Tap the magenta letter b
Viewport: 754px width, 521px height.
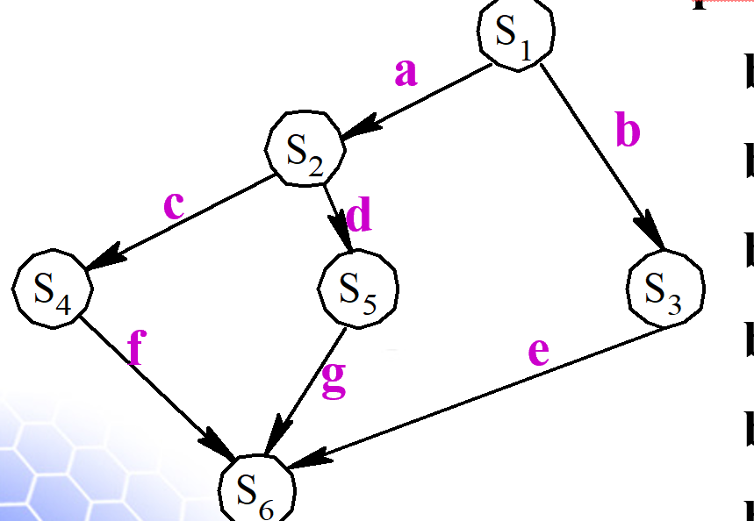pyautogui.click(x=628, y=131)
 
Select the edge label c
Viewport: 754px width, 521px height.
pyautogui.click(x=175, y=205)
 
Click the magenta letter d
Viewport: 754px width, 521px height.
pyautogui.click(x=359, y=215)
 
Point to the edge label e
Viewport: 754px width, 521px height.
pyautogui.click(x=538, y=352)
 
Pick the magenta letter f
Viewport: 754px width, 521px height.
pyautogui.click(x=134, y=349)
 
